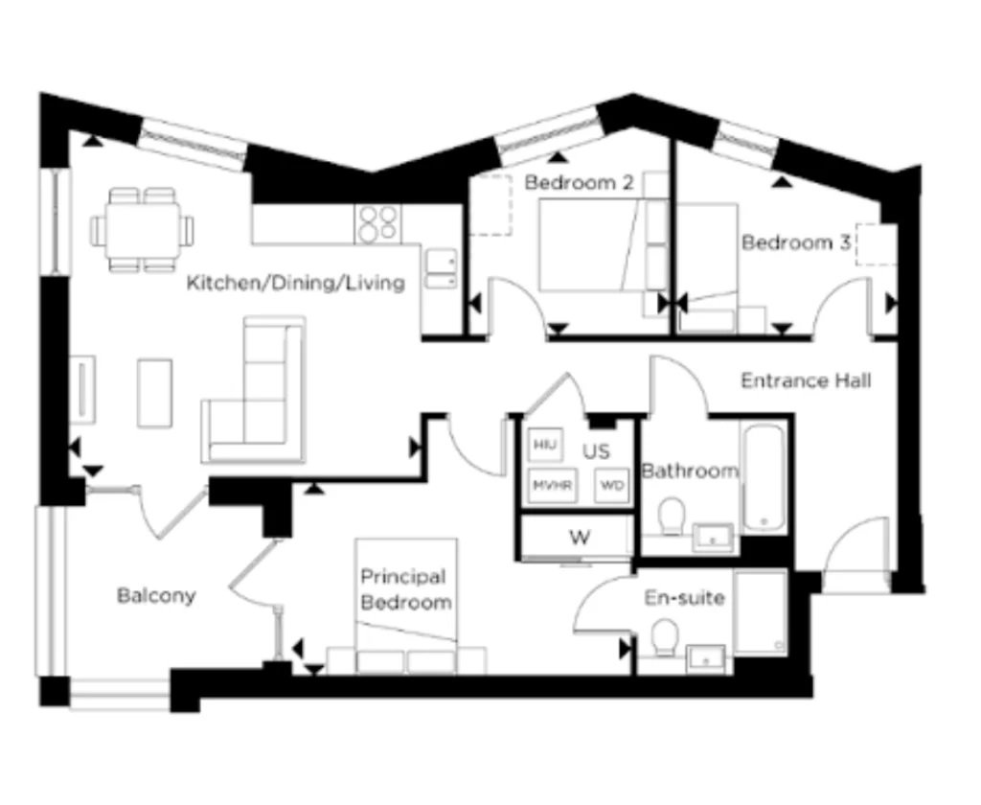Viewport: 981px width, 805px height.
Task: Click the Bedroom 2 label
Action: pos(579,183)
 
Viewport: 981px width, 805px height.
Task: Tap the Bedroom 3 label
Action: pos(796,242)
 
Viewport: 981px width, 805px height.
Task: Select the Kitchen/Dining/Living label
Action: pos(296,283)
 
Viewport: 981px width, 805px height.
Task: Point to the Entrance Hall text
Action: pos(806,380)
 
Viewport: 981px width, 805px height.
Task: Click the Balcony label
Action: pos(156,595)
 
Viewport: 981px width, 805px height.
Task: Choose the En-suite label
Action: pos(684,598)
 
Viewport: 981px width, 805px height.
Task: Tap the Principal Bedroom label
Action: pos(406,589)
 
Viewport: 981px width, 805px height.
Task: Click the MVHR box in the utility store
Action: pos(553,485)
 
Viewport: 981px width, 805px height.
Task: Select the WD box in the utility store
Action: pos(612,485)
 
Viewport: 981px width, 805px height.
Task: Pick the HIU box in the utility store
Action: pos(545,445)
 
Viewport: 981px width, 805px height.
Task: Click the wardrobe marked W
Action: pos(580,537)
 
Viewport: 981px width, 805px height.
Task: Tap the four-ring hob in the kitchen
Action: pos(377,224)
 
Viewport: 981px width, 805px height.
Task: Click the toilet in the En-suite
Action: pos(665,638)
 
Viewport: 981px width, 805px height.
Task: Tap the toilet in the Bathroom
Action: pos(672,517)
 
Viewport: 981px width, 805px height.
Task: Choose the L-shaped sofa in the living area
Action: pos(254,390)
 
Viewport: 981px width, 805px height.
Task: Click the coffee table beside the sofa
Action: pos(154,393)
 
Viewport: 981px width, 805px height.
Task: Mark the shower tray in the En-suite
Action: pos(760,612)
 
